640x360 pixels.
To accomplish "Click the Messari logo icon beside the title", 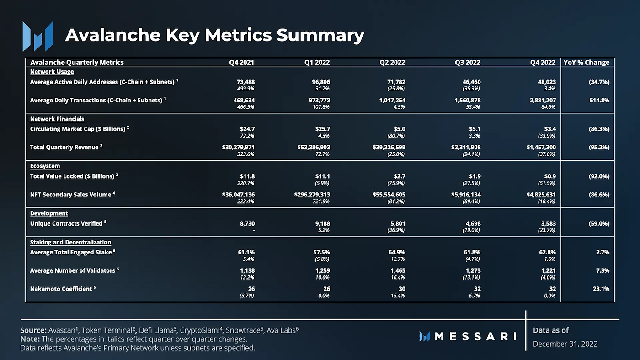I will pyautogui.click(x=38, y=36).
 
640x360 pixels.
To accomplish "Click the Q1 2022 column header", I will pyautogui.click(x=317, y=63).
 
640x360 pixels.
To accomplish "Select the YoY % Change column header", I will pyautogui.click(x=587, y=63).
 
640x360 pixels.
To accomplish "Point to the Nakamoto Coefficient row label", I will pyautogui.click(x=61, y=289).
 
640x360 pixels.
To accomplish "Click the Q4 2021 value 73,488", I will pyautogui.click(x=244, y=82).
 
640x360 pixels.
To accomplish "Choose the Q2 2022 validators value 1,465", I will pyautogui.click(x=396, y=270).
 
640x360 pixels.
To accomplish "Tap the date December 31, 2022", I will pyautogui.click(x=565, y=344).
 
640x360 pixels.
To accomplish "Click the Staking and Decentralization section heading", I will pyautogui.click(x=70, y=242).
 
